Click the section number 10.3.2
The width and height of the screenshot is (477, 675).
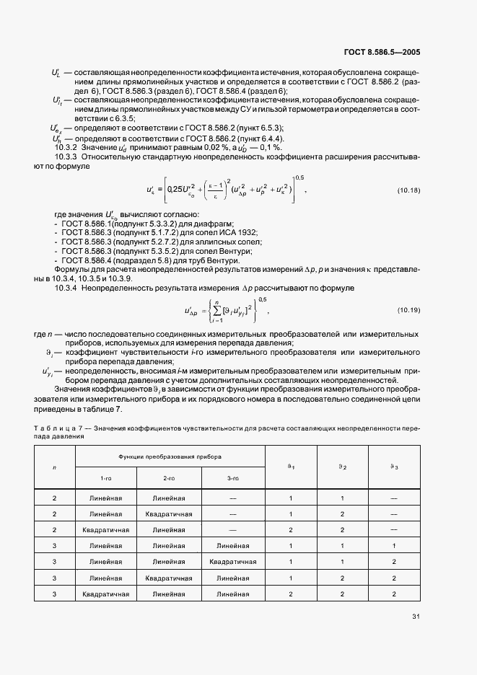(x=66, y=146)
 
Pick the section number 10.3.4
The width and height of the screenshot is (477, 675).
(x=66, y=288)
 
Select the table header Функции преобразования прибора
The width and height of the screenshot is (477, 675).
(x=170, y=457)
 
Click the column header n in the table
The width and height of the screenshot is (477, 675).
(x=55, y=467)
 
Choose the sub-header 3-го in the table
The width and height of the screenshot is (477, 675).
(x=232, y=478)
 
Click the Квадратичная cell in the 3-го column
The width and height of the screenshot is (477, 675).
(x=232, y=561)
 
